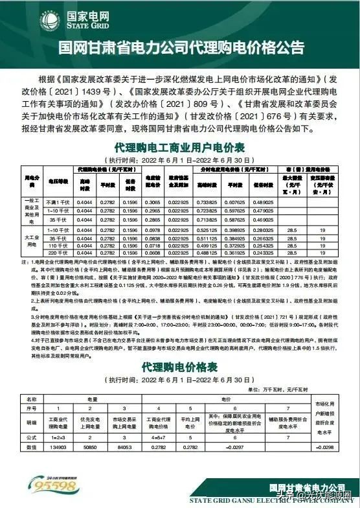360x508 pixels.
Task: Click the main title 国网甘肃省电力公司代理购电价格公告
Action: point(180,47)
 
